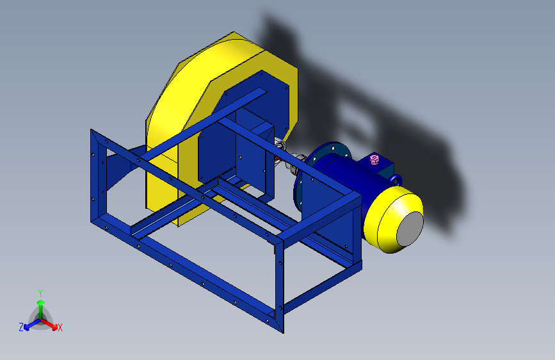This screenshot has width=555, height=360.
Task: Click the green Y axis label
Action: pos(40,293)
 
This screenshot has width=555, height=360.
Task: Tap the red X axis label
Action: pos(60,327)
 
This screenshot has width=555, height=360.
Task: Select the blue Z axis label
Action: pos(21,327)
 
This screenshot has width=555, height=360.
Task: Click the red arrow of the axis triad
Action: pos(49,324)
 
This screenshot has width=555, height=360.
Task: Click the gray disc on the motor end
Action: pos(410,229)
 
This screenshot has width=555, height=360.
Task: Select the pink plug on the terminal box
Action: pos(374,159)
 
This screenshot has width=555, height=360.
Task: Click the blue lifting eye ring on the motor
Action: pos(397,179)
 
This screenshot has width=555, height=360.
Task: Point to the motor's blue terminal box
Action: pos(380,167)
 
